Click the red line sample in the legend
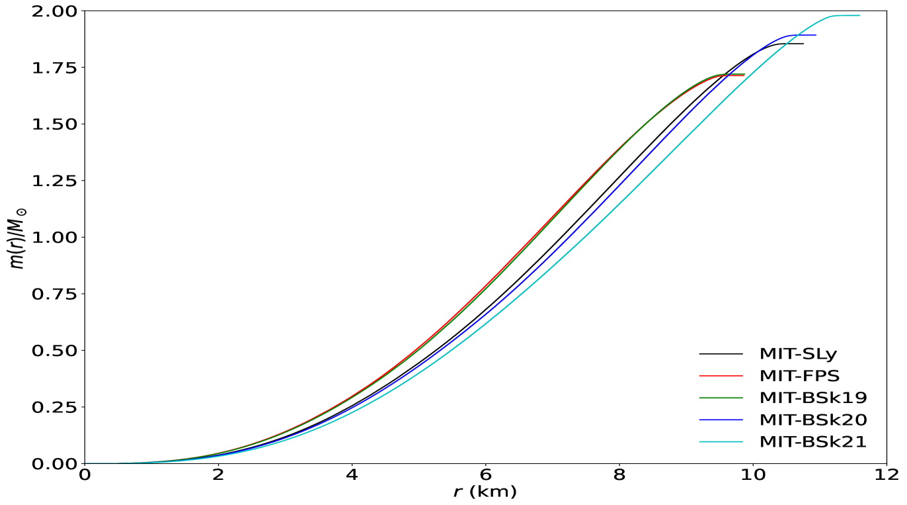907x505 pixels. (721, 375)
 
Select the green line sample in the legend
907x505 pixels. (721, 397)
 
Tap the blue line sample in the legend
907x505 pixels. (721, 420)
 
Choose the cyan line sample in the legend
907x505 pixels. (721, 441)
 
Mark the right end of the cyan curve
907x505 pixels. (859, 15)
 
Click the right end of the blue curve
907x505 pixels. (816, 35)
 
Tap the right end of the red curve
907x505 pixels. (744, 75)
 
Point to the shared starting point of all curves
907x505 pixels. (86, 463)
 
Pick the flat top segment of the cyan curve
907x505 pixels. (848, 15)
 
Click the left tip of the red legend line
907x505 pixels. (699, 375)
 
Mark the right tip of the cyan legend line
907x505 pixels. (742, 441)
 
